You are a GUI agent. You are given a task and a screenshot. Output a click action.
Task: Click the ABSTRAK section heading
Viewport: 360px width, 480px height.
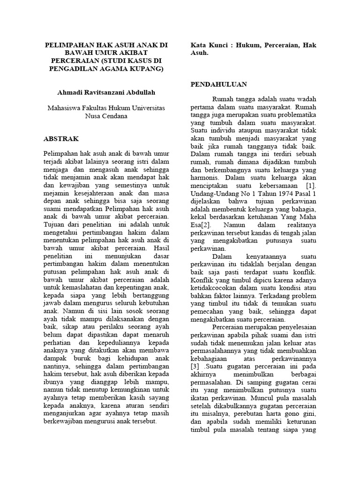click(x=61, y=139)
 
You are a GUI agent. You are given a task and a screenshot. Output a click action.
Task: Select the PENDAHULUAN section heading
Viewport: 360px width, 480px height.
click(x=218, y=84)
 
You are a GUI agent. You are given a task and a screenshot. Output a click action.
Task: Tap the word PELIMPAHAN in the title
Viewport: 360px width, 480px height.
click(x=69, y=45)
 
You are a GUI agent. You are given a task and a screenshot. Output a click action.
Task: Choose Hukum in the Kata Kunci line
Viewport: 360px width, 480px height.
click(x=249, y=45)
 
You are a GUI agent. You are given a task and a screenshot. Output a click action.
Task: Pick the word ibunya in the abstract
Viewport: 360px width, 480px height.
click(x=54, y=382)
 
